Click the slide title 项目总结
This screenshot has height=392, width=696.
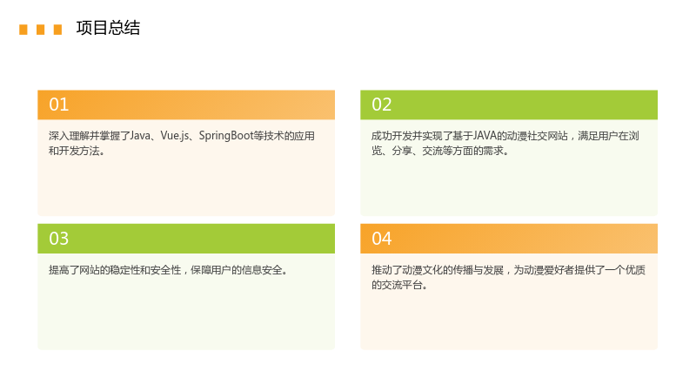click(x=108, y=28)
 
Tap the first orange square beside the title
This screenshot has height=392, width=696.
click(x=23, y=30)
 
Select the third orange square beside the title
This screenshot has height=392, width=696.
click(x=57, y=30)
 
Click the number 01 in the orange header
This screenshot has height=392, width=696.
click(x=58, y=105)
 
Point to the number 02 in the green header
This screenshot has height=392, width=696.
click(x=382, y=105)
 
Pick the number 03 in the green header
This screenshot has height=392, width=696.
click(x=58, y=239)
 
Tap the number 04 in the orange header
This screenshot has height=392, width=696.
click(x=382, y=239)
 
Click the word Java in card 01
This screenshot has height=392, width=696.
click(x=140, y=136)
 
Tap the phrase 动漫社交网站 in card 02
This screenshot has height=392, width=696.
click(x=537, y=136)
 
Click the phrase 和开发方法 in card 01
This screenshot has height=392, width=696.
click(x=74, y=151)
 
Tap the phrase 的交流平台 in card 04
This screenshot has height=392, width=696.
click(x=397, y=285)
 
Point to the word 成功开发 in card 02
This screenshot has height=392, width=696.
click(x=392, y=136)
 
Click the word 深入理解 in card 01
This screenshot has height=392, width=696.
click(x=70, y=136)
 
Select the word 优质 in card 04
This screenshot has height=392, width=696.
click(x=635, y=270)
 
